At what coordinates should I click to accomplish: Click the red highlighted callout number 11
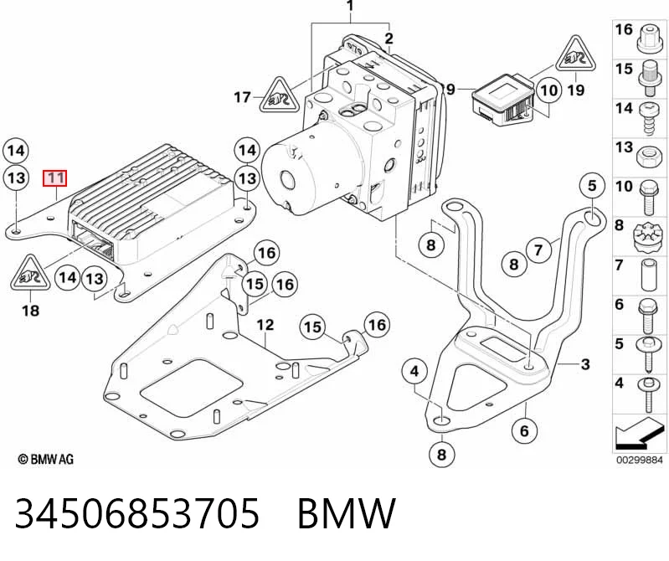pyautogui.click(x=55, y=178)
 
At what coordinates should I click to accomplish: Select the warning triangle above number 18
pyautogui.click(x=30, y=273)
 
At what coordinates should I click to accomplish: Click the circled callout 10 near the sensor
pyautogui.click(x=549, y=90)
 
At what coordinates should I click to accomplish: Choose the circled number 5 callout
pyautogui.click(x=592, y=186)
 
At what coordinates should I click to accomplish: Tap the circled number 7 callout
pyautogui.click(x=538, y=250)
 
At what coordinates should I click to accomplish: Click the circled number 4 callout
pyautogui.click(x=414, y=372)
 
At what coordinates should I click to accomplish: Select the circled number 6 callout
pyautogui.click(x=524, y=431)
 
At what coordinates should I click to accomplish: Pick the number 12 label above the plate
pyautogui.click(x=265, y=325)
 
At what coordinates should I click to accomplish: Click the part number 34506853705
pyautogui.click(x=137, y=513)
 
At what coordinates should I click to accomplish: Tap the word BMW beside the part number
pyautogui.click(x=347, y=513)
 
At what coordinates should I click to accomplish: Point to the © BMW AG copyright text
pyautogui.click(x=46, y=459)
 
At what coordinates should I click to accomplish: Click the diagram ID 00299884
pyautogui.click(x=639, y=460)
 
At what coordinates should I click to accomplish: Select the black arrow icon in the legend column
pyautogui.click(x=638, y=432)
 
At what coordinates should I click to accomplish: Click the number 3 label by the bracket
pyautogui.click(x=585, y=364)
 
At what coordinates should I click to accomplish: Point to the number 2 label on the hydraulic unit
pyautogui.click(x=389, y=39)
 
